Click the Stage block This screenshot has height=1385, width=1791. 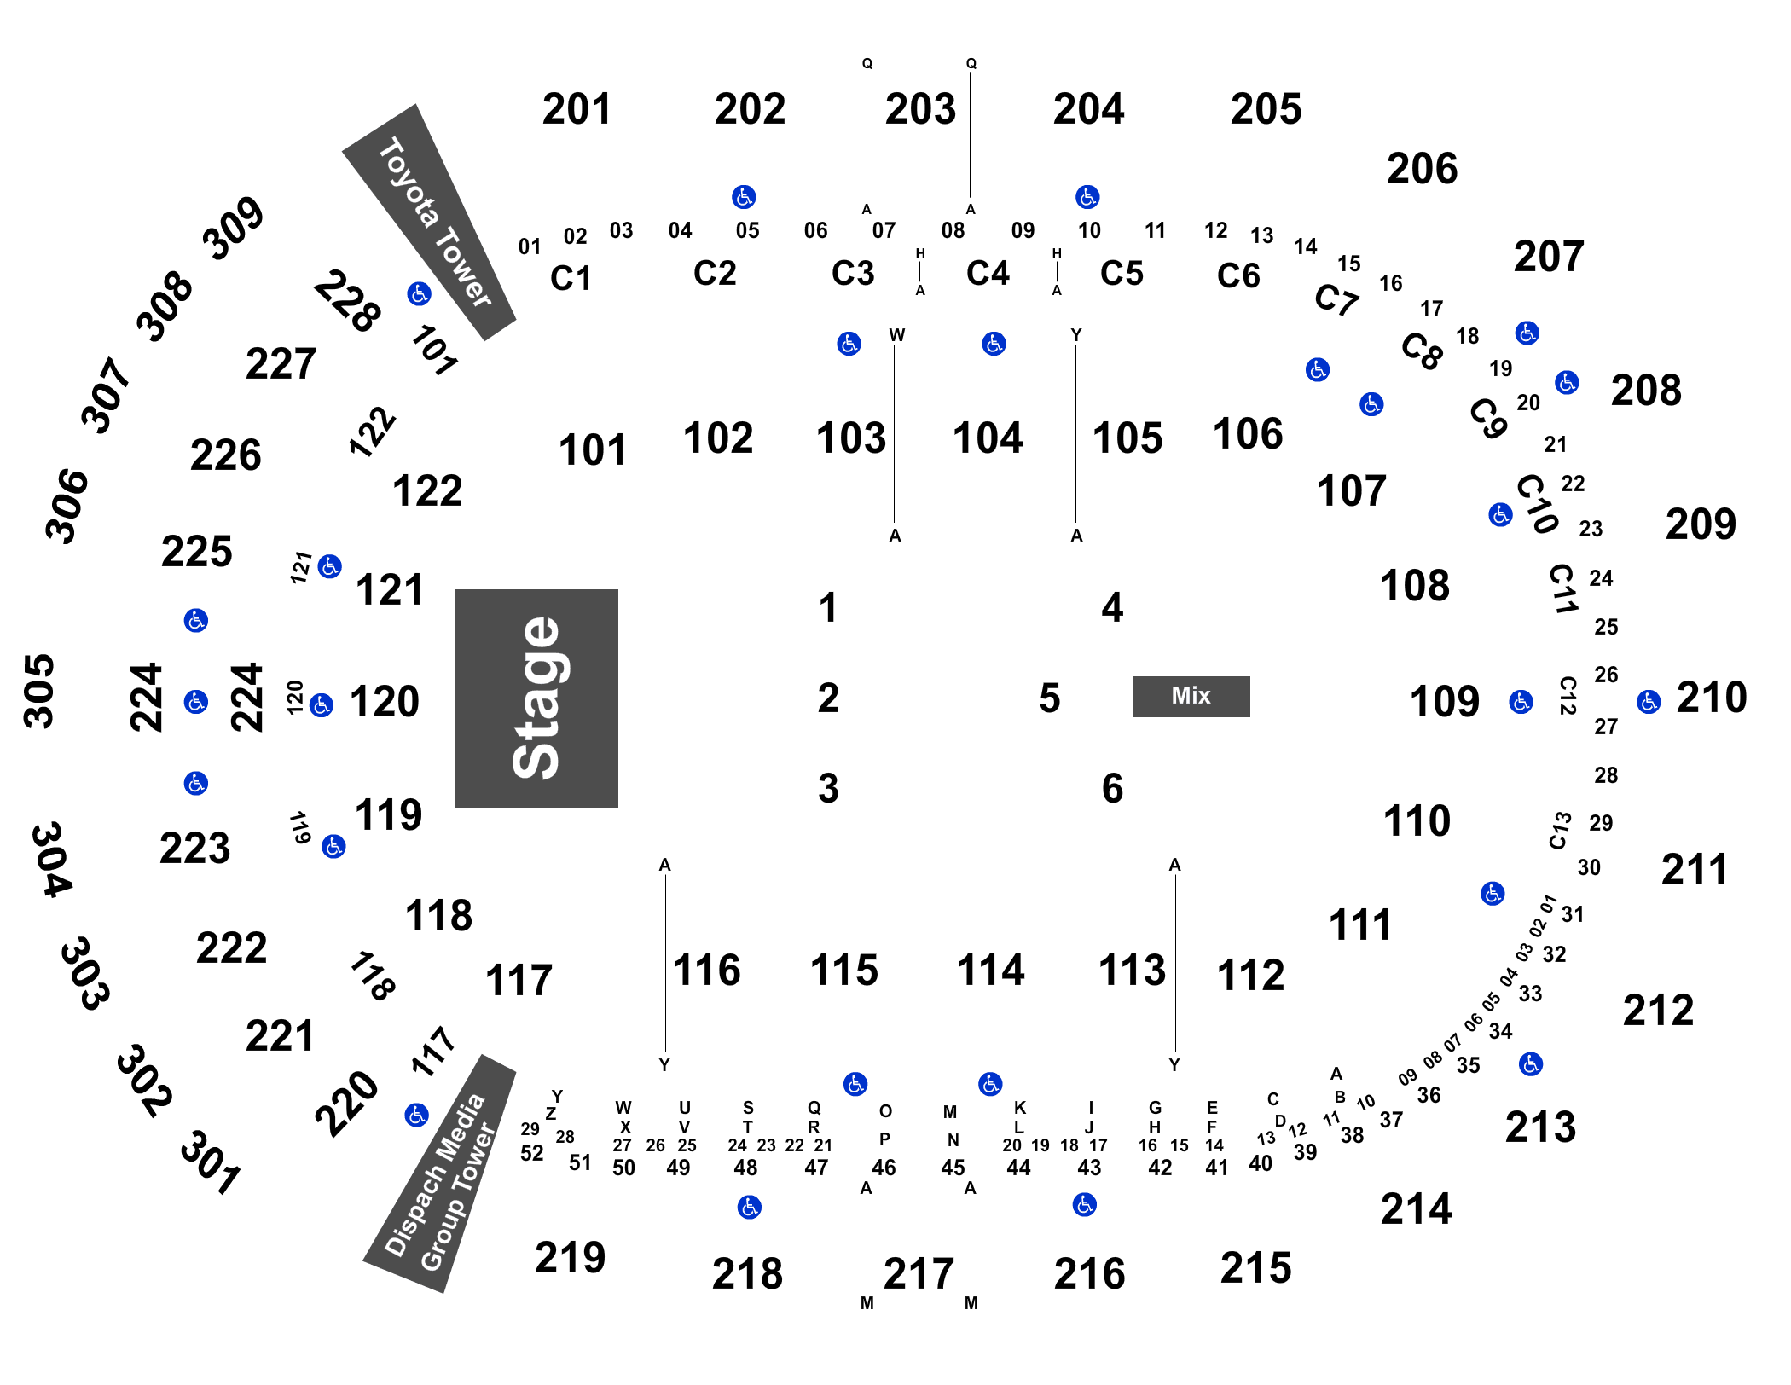tap(536, 698)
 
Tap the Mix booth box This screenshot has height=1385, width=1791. tap(1191, 696)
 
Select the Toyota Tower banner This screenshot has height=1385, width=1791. tap(429, 223)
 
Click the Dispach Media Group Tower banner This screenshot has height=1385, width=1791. tap(440, 1173)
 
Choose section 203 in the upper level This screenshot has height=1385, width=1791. tap(920, 109)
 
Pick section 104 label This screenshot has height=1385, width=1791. tap(988, 438)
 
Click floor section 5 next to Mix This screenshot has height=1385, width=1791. tap(1050, 698)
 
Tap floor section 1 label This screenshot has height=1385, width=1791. tap(827, 608)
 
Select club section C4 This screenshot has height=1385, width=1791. tap(988, 273)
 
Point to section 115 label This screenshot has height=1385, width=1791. tap(844, 971)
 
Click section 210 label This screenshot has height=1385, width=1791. tap(1712, 698)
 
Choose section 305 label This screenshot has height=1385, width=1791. tap(39, 692)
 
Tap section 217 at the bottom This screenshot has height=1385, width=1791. tap(919, 1274)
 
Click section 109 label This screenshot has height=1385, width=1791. tap(1444, 702)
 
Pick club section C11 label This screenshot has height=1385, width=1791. tap(1562, 588)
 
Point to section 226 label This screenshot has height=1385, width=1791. tap(225, 455)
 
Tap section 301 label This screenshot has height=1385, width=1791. tap(210, 1162)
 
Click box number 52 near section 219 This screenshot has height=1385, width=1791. tap(531, 1153)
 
